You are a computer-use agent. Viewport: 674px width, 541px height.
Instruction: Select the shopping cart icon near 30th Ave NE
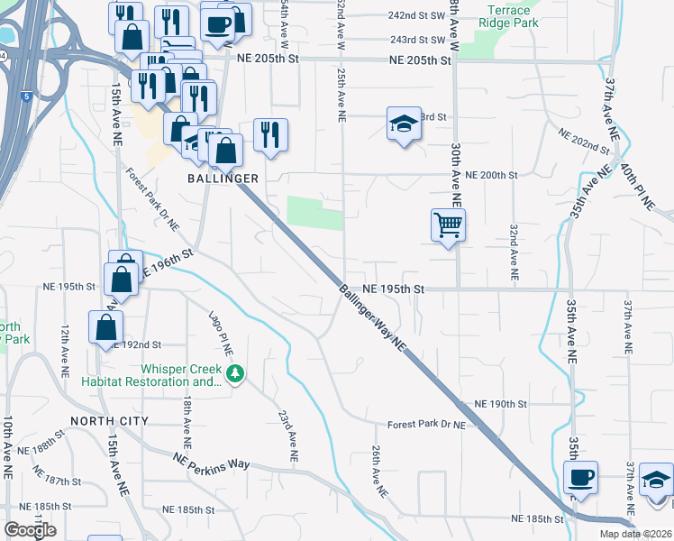click(x=448, y=225)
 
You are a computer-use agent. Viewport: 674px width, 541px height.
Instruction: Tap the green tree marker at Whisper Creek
click(x=235, y=372)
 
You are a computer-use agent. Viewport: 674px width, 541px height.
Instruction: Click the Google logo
click(x=30, y=530)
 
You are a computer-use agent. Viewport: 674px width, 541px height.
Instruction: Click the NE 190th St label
click(x=500, y=403)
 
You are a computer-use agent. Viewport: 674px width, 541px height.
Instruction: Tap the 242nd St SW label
click(x=416, y=16)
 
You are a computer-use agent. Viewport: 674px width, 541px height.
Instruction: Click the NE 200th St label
click(x=491, y=174)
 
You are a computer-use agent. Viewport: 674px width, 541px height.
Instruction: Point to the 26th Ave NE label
click(x=378, y=472)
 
